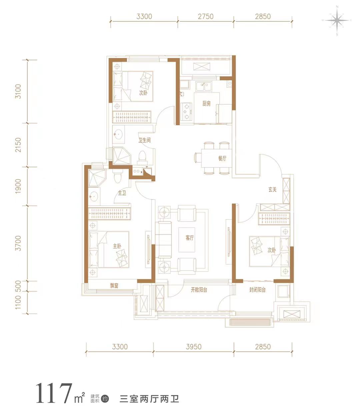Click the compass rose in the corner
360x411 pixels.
click(x=337, y=20)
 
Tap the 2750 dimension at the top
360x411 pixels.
click(x=206, y=16)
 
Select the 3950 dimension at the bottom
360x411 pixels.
click(x=194, y=347)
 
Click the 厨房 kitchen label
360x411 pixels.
click(x=206, y=104)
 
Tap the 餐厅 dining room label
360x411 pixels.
click(x=222, y=158)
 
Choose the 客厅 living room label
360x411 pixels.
click(x=190, y=238)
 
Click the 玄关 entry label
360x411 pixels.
click(x=272, y=189)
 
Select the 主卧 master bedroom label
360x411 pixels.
click(x=117, y=246)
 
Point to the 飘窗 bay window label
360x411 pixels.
click(x=114, y=286)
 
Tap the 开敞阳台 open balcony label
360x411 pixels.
click(x=199, y=290)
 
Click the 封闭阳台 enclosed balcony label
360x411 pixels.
click(x=257, y=290)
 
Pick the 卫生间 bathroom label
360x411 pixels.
click(x=144, y=140)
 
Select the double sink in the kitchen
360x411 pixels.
click(x=204, y=86)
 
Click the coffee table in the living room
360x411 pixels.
click(x=186, y=240)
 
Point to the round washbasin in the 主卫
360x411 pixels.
click(x=94, y=196)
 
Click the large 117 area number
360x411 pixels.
click(x=54, y=393)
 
